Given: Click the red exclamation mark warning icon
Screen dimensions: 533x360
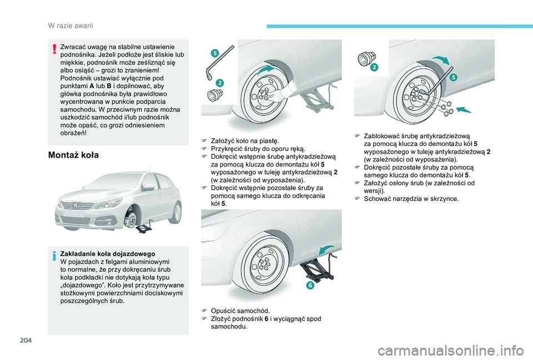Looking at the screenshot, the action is (x=54, y=49).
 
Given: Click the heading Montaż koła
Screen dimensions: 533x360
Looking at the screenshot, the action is (x=73, y=155).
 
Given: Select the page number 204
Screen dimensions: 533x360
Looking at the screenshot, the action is (x=26, y=339).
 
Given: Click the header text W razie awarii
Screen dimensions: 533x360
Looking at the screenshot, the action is (x=71, y=26).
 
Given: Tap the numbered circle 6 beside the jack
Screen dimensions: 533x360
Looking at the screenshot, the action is (x=310, y=285).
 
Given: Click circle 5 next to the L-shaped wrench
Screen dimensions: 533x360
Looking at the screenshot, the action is (x=215, y=53).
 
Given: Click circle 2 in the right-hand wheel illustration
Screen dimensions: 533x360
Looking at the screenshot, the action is (x=374, y=67).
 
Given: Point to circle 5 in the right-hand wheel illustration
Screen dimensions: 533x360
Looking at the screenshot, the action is (x=454, y=78).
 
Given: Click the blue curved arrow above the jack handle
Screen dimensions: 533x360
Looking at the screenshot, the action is (x=326, y=251).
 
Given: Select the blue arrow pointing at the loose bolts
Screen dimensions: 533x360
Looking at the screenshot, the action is (x=463, y=109).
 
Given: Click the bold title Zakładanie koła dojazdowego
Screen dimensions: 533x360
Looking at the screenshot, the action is (x=107, y=254).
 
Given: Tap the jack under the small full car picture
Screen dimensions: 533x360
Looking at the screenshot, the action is (x=144, y=227).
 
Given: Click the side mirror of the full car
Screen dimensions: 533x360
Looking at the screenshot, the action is (x=148, y=186).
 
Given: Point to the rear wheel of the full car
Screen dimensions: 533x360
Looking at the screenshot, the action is (x=177, y=212).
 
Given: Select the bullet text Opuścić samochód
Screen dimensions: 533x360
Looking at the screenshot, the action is (x=240, y=311).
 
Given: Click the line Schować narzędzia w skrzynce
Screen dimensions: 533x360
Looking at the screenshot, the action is (x=411, y=199).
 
